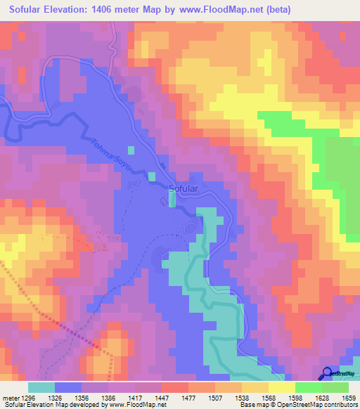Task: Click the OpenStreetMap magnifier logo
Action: point(328,372)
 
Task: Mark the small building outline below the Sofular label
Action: point(165,202)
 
